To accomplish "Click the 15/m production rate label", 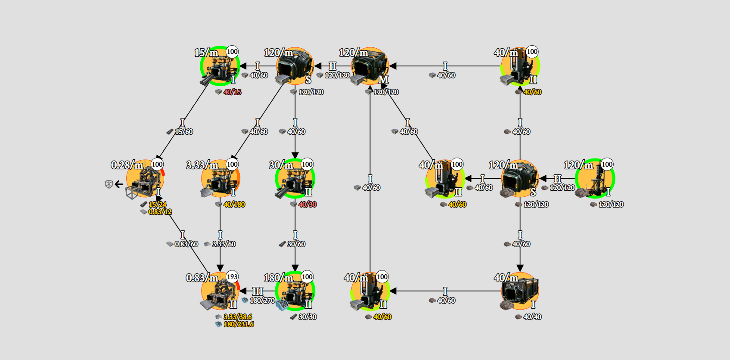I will point(206,53).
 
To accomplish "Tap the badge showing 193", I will point(232,277).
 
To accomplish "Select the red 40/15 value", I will point(233,92).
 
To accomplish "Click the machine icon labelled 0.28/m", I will point(145,179).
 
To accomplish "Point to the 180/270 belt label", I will point(262,301).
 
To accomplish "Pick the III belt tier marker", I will point(258,292).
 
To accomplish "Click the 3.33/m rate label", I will point(202,165).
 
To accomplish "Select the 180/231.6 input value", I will point(239,324).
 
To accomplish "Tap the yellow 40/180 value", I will point(234,205).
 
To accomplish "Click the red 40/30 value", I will point(308,205).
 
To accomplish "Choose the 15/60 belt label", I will point(184,132).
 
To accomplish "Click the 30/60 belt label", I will point(296,244).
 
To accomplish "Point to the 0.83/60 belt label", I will point(186,244).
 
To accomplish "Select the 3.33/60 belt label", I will point(224,244).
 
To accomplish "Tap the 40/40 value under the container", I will point(532,317).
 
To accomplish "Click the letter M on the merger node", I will point(383,80).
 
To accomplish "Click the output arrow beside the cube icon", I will point(118,184).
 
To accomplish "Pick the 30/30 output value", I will point(308,317).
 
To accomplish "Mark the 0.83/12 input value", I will point(160,212).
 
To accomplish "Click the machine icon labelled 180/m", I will point(295,291).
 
